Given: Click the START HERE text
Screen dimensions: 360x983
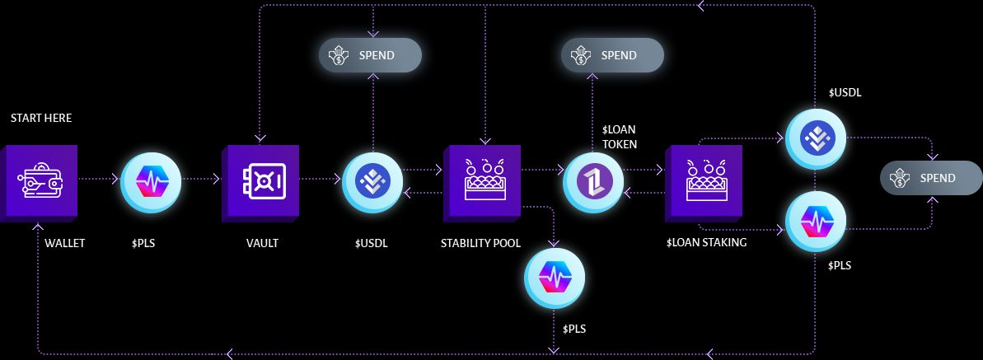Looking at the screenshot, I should (x=41, y=119).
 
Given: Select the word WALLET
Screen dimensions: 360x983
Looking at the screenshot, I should (x=65, y=243).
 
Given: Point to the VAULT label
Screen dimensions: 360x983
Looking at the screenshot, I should (x=262, y=243).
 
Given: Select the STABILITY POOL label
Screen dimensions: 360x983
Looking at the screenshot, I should (x=481, y=243).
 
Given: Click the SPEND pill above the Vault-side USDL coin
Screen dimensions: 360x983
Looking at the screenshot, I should (x=370, y=56).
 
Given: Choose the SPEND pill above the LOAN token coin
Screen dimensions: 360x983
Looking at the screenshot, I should (x=612, y=56).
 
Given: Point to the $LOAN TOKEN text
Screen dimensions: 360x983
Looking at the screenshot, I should (x=620, y=137).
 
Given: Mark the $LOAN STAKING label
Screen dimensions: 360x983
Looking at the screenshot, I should (x=706, y=243).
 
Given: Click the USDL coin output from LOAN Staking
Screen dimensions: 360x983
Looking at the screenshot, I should (x=815, y=138).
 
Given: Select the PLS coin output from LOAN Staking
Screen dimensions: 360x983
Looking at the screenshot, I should (x=815, y=222).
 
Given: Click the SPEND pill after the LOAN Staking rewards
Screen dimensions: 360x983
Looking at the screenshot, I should (x=931, y=178).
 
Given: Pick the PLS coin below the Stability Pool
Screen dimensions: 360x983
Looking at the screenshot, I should (x=555, y=278).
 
